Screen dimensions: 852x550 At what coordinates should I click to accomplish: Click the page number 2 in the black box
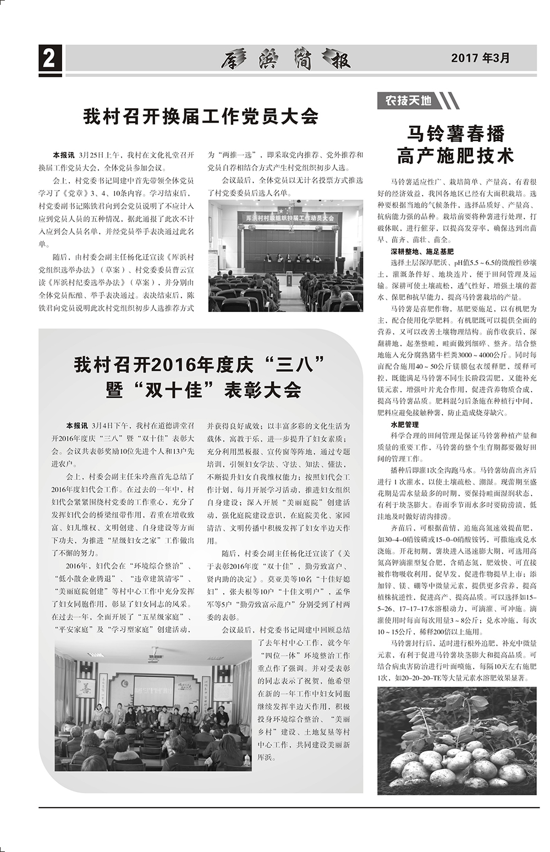[50, 58]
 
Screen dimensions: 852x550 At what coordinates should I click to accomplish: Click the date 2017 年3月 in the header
[480, 58]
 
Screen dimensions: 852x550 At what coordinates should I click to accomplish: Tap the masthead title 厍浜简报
[286, 59]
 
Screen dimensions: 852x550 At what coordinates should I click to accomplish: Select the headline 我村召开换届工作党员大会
[201, 116]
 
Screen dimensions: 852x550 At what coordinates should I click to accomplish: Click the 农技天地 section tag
[408, 101]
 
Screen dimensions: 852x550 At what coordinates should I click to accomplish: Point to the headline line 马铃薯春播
[455, 133]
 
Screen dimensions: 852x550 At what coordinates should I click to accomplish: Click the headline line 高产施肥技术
[455, 156]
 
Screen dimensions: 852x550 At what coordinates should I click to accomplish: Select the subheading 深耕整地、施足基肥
[422, 251]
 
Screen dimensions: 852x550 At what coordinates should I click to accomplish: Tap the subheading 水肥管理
[405, 425]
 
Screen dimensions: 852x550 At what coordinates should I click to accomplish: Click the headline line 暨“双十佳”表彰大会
[204, 390]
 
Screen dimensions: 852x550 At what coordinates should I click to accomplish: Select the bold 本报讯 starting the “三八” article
[76, 426]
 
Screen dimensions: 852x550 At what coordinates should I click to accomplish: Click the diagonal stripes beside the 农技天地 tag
[450, 101]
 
